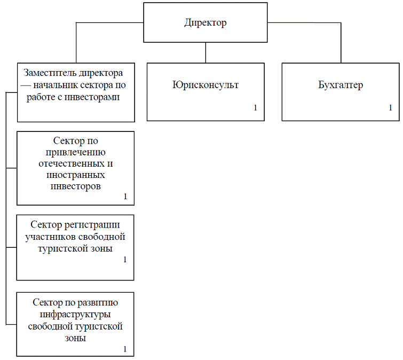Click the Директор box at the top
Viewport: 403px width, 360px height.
206,23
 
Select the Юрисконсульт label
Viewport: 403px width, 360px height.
206,85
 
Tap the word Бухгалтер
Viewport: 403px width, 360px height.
340,85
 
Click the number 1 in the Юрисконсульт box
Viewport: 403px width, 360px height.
256,108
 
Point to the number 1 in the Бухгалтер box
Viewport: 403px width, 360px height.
390,108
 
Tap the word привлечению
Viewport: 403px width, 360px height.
75,152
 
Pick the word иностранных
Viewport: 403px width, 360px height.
75,175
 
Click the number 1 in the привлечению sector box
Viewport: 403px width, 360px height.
125,197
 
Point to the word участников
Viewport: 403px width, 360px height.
50,236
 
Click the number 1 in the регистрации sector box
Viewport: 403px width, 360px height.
125,260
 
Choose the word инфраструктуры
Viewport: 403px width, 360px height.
75,314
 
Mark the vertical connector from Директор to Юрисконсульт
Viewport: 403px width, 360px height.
206,52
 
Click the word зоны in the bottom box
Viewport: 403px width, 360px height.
75,338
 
